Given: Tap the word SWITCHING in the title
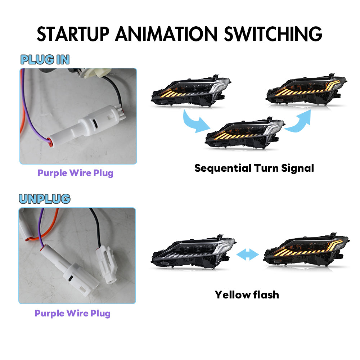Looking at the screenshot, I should coord(273,34).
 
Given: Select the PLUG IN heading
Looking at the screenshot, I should coord(45,60).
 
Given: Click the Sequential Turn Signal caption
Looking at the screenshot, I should coord(254,168).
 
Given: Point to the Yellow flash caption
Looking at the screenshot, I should coord(247,294).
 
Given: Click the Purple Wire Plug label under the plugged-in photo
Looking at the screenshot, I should coord(75,173).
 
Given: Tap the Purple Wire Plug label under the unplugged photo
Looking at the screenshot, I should coord(72,313).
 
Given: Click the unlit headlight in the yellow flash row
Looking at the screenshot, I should coord(193,253).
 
